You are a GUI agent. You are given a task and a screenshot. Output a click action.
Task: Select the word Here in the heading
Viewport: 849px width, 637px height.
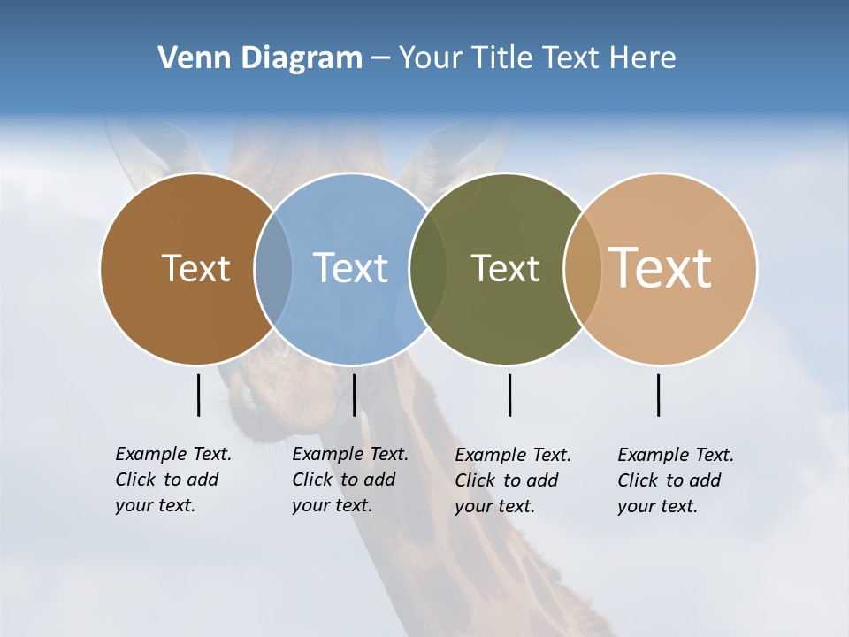pos(643,58)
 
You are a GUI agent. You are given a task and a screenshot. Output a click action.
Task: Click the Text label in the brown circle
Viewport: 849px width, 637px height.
pos(195,268)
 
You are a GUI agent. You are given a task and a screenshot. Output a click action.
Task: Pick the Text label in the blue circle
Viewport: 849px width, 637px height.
pos(350,268)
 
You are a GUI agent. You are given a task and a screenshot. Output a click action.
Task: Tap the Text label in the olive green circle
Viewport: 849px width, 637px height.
pos(505,268)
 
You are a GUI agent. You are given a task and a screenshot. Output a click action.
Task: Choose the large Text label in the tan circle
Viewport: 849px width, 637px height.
pos(661,268)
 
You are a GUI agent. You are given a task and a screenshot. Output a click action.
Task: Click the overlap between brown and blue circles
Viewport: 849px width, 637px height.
pos(273,268)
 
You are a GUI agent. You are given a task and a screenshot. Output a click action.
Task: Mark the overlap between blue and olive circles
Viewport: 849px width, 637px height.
pos(428,268)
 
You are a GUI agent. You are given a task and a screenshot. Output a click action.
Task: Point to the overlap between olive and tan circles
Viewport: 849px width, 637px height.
pos(583,268)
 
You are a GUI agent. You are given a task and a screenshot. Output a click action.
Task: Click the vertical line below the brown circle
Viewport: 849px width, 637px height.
pos(198,395)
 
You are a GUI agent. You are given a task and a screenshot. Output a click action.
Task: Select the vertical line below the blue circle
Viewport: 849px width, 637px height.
pos(354,395)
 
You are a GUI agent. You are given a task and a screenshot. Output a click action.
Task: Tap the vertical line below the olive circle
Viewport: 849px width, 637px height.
pos(509,395)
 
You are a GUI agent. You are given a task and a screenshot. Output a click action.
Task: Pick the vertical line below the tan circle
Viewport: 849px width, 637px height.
pos(658,395)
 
